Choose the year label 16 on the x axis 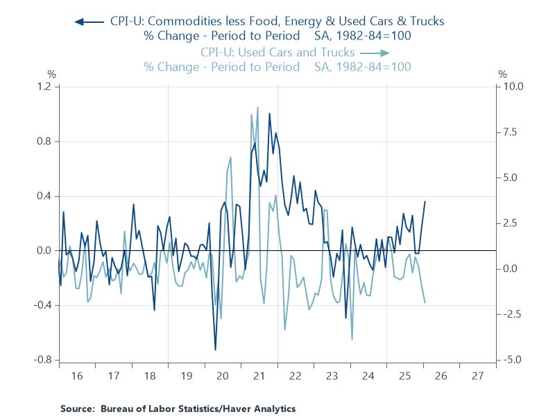click(x=77, y=376)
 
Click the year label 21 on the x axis click(x=259, y=376)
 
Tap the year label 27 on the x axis click(x=477, y=376)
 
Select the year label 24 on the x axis click(x=368, y=376)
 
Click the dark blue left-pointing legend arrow click(x=89, y=21)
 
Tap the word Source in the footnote click(x=76, y=408)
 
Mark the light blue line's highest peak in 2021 click(x=257, y=107)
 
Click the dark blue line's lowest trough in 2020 click(x=215, y=349)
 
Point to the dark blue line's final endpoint click(x=425, y=201)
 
